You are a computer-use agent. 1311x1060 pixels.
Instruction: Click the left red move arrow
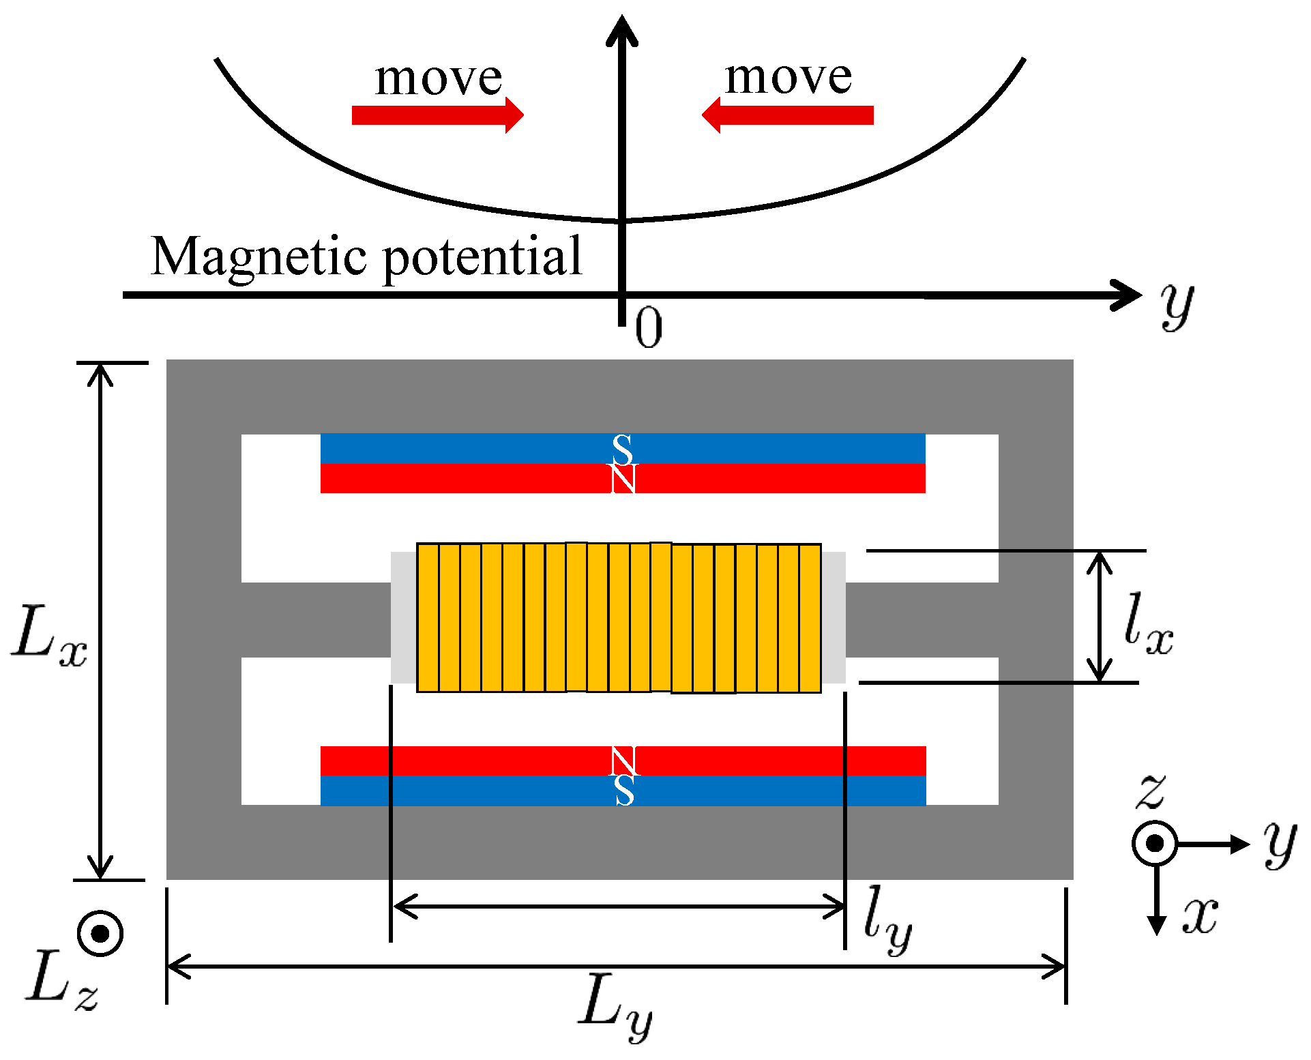click(x=437, y=115)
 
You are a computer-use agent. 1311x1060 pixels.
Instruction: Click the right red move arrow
click(x=788, y=115)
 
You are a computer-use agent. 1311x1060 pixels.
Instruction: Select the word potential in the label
click(x=482, y=256)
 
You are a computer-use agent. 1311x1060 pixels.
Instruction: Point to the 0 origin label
click(x=648, y=328)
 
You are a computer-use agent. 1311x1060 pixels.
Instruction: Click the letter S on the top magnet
click(x=622, y=450)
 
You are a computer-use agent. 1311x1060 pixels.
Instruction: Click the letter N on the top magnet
click(x=623, y=478)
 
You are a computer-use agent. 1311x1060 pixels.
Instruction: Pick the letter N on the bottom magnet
click(x=623, y=761)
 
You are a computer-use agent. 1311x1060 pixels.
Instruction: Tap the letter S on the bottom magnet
click(x=624, y=791)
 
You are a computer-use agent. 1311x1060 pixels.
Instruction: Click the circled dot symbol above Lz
click(x=100, y=933)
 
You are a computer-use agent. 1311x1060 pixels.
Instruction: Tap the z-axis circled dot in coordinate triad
click(x=1155, y=844)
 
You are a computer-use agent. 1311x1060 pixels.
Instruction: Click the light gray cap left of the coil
click(x=403, y=617)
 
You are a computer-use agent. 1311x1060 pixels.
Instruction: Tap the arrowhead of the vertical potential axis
click(x=622, y=31)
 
